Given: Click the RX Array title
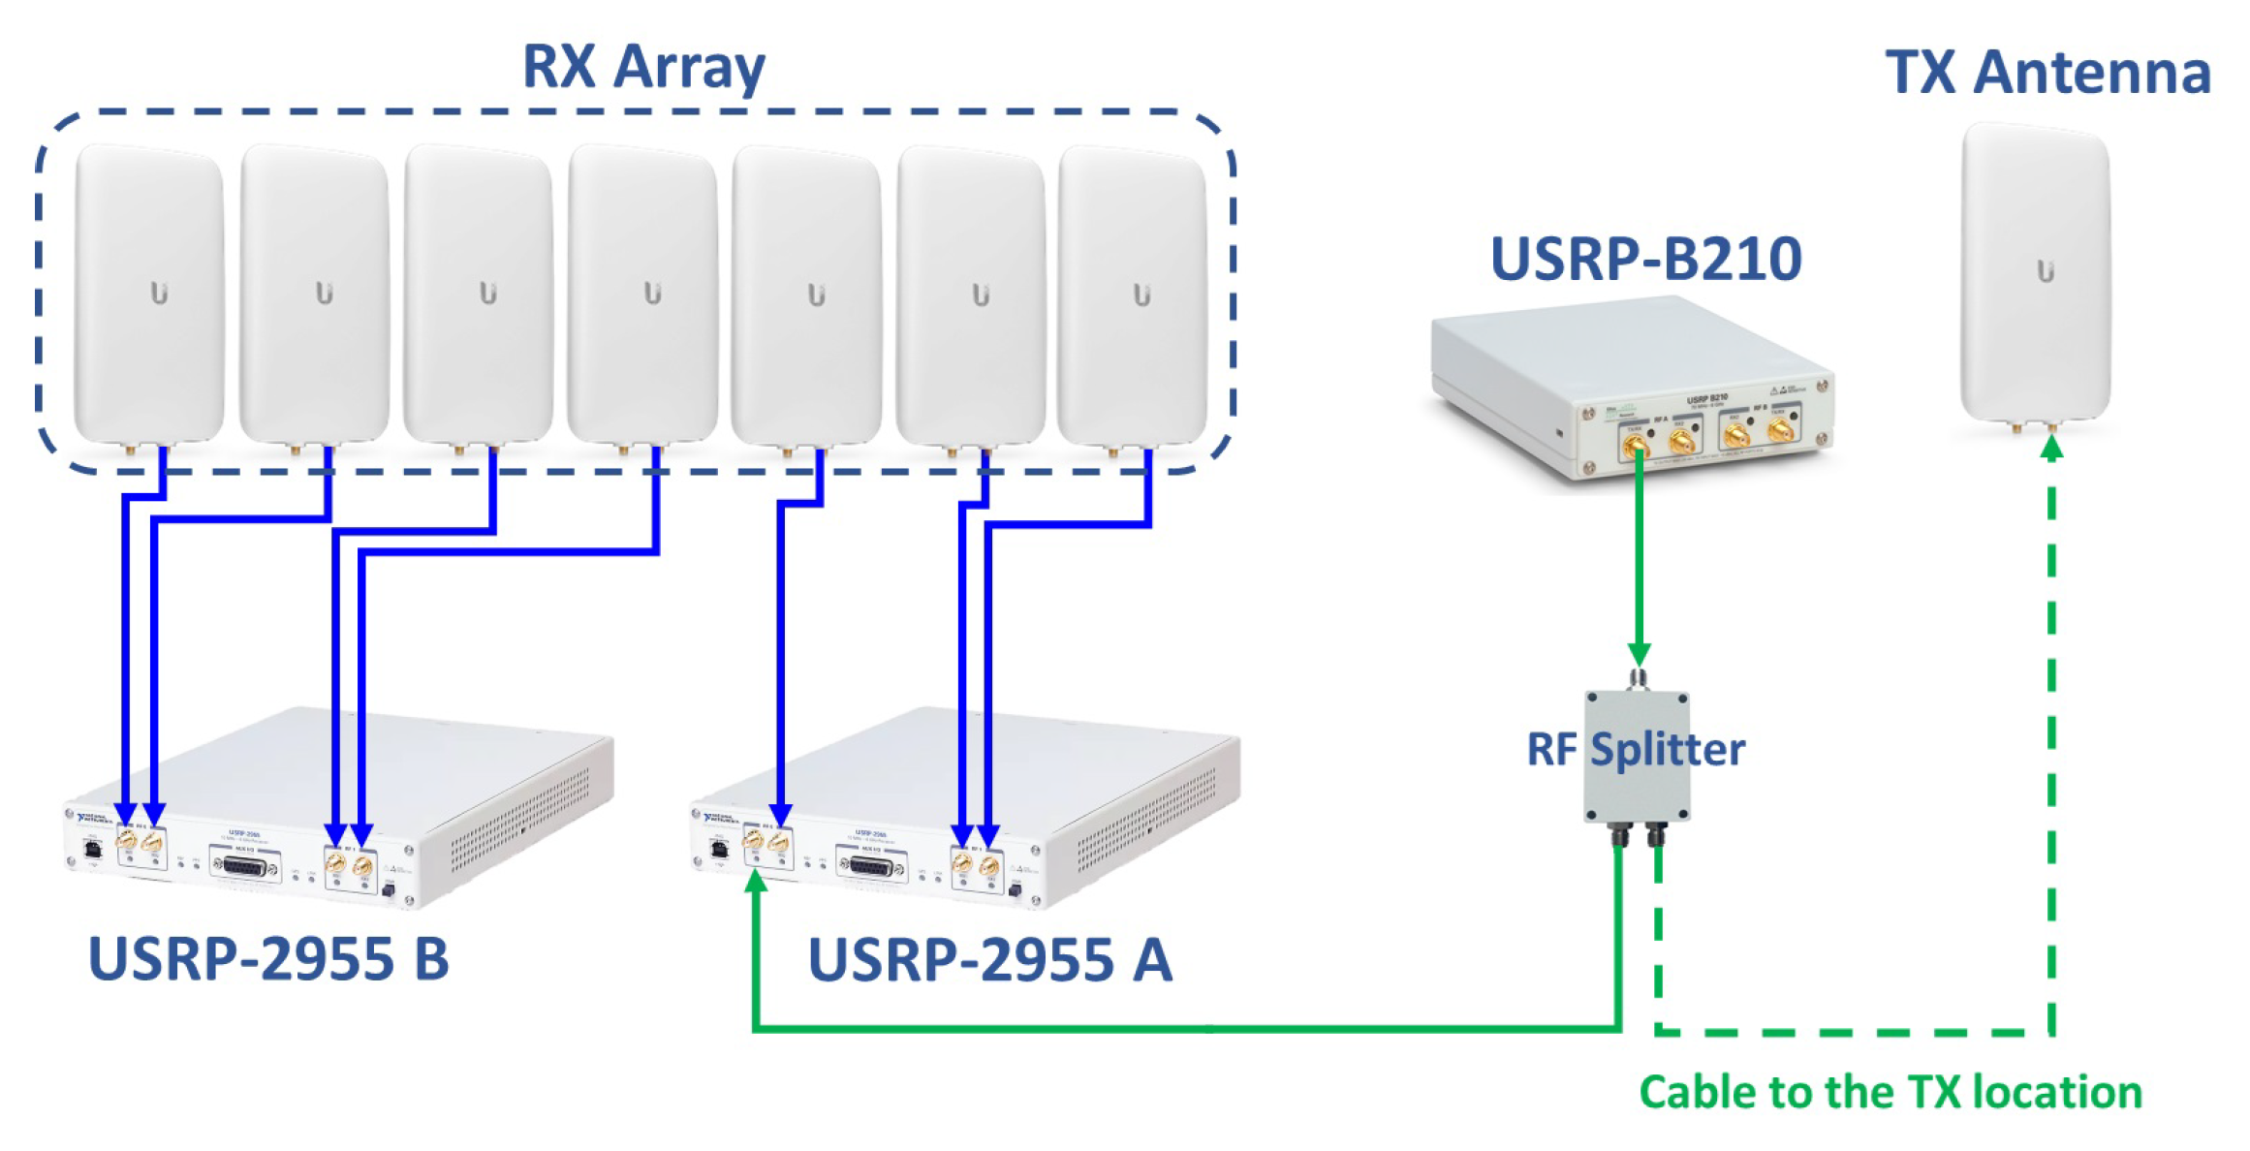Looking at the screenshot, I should point(643,68).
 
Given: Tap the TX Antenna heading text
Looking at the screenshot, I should point(2047,73).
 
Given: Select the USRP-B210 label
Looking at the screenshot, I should point(1645,260).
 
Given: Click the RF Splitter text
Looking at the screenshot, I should point(1636,750).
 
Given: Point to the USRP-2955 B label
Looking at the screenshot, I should point(268,959).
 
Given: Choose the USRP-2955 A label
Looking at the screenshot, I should point(989,960).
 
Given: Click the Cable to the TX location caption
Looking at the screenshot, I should point(1890,1093).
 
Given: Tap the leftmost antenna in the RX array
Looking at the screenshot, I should point(149,294).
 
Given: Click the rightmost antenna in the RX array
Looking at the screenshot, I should point(1133,296).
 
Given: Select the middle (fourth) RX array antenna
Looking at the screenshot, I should point(642,294).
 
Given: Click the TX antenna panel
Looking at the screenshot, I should point(2036,272).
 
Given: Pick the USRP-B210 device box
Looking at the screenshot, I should point(1632,388).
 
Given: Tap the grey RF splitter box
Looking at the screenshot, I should point(1637,757).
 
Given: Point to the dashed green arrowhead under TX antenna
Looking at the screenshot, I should point(2051,448).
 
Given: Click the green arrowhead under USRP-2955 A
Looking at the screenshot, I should point(756,881).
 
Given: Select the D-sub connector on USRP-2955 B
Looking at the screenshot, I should point(244,865).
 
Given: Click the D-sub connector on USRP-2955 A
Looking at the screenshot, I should point(871,865).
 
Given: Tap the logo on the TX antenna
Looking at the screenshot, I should point(2046,271).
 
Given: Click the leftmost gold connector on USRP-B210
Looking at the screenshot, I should point(1636,447).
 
